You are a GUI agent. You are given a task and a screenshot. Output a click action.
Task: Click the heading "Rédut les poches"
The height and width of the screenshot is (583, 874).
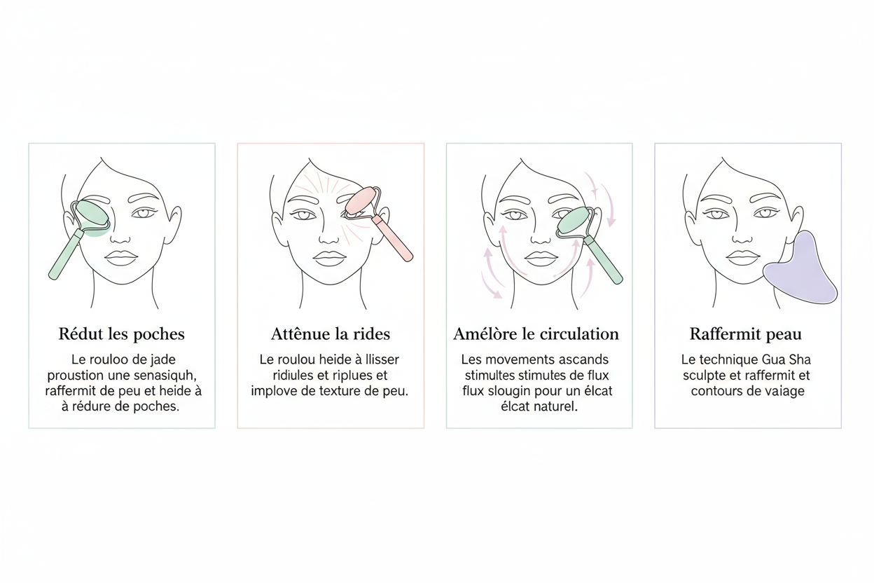pos(122,334)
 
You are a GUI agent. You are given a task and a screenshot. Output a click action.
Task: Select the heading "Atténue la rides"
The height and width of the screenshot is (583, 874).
pos(331,334)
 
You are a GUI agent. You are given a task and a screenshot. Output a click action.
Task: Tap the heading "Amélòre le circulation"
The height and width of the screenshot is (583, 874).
pos(536,334)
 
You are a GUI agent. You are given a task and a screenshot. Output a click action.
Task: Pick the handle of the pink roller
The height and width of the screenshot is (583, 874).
pos(393,239)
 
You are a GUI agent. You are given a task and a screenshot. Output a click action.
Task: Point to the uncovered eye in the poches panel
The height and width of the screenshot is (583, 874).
pos(144,213)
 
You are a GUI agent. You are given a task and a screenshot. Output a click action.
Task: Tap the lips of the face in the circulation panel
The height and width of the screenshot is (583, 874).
pos(540,257)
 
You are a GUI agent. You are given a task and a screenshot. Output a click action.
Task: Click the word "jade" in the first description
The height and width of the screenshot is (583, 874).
pos(165,359)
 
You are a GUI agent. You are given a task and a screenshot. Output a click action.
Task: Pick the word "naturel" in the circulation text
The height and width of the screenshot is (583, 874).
pos(552,406)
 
